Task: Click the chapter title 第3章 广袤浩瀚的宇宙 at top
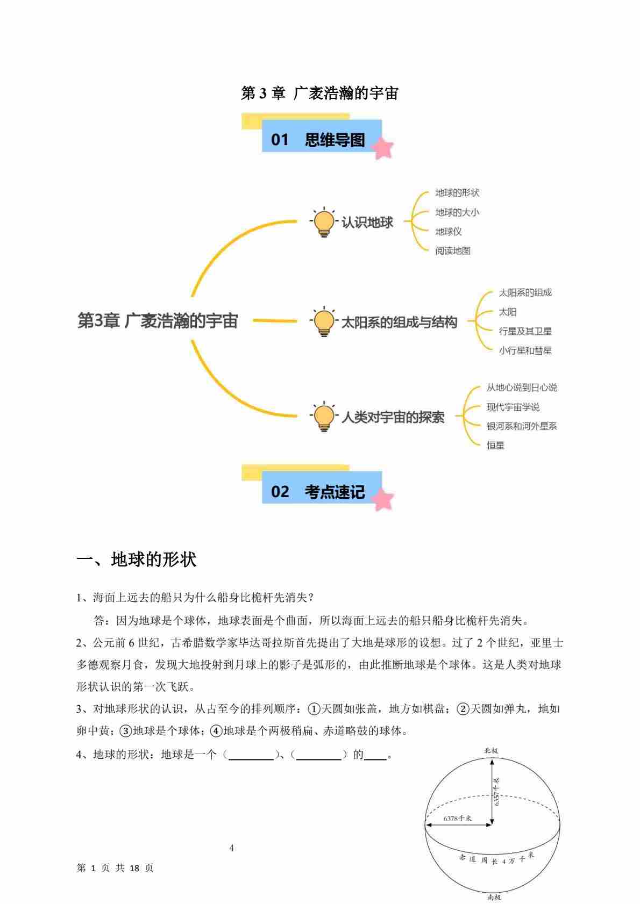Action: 319,94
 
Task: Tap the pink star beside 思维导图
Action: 383,148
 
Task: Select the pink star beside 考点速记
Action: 383,499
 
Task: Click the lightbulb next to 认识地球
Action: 324,221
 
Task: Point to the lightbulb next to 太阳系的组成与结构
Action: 324,321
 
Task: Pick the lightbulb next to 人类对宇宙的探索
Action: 324,417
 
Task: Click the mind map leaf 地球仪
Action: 449,232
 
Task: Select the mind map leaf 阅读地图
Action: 453,251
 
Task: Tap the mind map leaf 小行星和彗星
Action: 525,351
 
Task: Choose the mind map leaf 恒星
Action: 495,446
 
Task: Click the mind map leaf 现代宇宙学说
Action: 513,407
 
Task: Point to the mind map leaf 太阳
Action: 508,312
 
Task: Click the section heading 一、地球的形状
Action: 137,559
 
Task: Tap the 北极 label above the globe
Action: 491,750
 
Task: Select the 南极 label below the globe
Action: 494,897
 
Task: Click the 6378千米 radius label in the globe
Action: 458,818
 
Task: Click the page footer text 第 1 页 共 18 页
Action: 116,868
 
